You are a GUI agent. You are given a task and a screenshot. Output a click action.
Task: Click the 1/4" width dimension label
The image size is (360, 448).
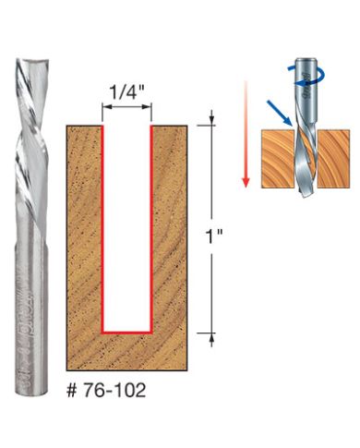[x=127, y=92]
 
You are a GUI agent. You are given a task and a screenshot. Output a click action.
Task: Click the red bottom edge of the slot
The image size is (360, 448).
[x=127, y=331]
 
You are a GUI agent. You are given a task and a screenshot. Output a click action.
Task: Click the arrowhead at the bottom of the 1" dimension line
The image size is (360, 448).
[x=215, y=338]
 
